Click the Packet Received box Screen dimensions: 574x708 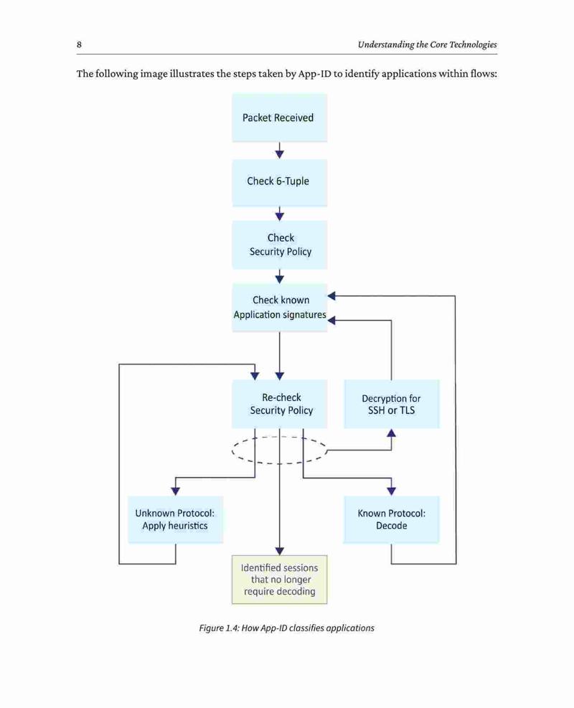tap(280, 118)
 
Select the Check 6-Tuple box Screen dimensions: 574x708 tap(280, 182)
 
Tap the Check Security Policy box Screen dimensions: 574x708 tap(280, 245)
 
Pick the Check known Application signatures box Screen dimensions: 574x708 tap(280, 308)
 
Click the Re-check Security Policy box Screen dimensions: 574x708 tap(280, 404)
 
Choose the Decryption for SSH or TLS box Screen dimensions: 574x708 tap(392, 404)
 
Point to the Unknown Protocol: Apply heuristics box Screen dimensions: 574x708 tap(175, 519)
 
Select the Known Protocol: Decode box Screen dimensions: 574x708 tap(392, 519)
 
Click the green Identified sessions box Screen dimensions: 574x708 tap(280, 580)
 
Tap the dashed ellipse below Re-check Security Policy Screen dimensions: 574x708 tap(280, 463)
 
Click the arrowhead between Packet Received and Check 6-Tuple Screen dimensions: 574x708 tap(280, 154)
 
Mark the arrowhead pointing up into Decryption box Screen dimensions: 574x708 tap(392, 433)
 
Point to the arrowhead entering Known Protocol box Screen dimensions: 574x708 tap(392, 491)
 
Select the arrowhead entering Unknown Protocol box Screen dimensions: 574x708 tap(176, 491)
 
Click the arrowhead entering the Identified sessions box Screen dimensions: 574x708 tap(280, 551)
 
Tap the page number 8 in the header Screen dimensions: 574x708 tap(79, 44)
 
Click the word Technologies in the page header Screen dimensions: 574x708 tap(473, 44)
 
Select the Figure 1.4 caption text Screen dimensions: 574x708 tap(287, 628)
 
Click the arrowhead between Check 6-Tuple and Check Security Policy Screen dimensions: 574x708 tap(280, 217)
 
